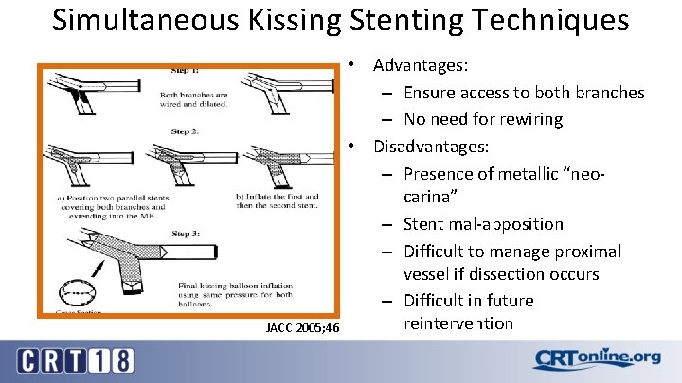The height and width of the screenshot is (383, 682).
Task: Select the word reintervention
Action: (x=458, y=323)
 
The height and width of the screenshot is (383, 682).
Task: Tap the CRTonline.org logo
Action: (x=596, y=358)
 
